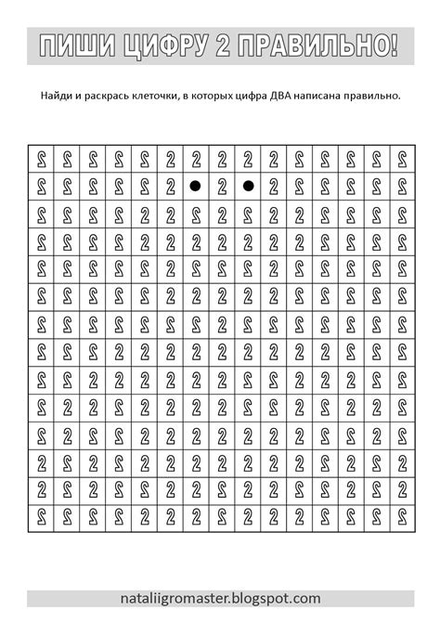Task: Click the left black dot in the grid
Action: [x=196, y=187]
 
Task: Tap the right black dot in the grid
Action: [x=248, y=187]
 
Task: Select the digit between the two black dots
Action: [x=222, y=187]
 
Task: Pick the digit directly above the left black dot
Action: [x=196, y=159]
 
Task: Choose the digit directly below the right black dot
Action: [x=248, y=214]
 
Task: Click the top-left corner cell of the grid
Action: [x=41, y=159]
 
